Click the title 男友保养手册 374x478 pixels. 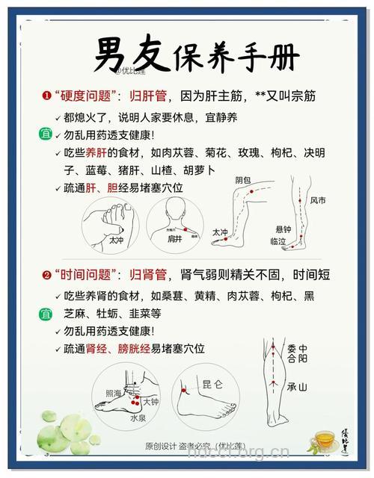(x=196, y=54)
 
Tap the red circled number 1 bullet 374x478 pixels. (x=46, y=97)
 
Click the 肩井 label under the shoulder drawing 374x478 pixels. (x=174, y=239)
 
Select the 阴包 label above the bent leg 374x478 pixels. (x=243, y=181)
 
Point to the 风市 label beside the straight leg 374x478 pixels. (x=318, y=200)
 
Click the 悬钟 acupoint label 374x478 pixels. (x=283, y=229)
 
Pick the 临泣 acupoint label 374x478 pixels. (x=278, y=241)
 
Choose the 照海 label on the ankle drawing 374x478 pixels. (x=113, y=392)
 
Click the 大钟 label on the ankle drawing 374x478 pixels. (x=150, y=401)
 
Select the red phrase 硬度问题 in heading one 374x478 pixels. (x=87, y=97)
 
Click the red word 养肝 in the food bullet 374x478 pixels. (x=101, y=153)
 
